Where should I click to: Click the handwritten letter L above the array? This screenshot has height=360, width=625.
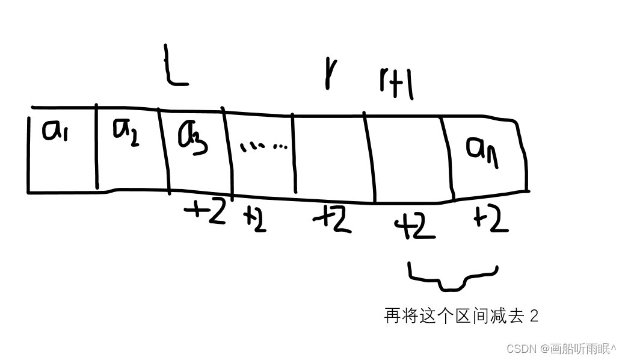click(x=174, y=67)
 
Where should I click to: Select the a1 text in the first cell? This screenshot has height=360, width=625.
click(x=56, y=129)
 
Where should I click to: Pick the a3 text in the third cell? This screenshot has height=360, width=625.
click(x=193, y=137)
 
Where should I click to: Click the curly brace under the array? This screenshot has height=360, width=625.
click(x=453, y=276)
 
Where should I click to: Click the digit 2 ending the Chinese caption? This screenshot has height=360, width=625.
click(x=534, y=316)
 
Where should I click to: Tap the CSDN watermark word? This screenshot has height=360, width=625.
click(x=521, y=349)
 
